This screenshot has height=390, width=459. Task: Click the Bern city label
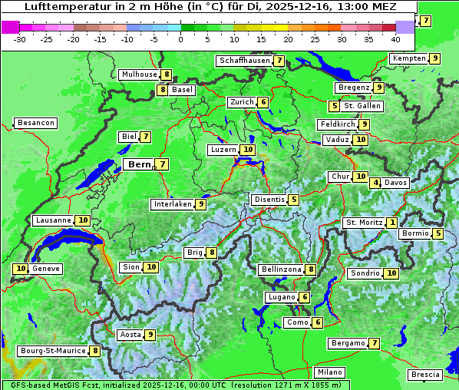pos(139,164)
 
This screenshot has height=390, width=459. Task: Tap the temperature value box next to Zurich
pos(263,102)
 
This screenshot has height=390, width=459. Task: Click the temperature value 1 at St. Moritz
pos(392,223)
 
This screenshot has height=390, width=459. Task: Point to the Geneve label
pos(46,269)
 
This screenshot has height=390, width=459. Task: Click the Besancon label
pos(36,123)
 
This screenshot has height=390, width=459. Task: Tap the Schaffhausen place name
pos(244,61)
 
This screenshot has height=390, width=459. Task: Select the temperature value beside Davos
pos(375,183)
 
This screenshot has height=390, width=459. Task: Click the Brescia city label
pos(425,375)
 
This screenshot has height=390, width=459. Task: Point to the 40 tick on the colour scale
pos(395,39)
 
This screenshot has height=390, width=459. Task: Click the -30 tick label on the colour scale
pos(20,39)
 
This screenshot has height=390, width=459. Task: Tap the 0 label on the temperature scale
pos(181,39)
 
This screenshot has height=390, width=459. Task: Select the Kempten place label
pos(408,58)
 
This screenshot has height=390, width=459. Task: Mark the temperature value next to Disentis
pos(294,200)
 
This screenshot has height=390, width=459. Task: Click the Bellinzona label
pos(280,269)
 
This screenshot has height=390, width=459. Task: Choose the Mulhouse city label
pos(138,74)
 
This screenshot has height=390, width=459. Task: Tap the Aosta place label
pos(130,335)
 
